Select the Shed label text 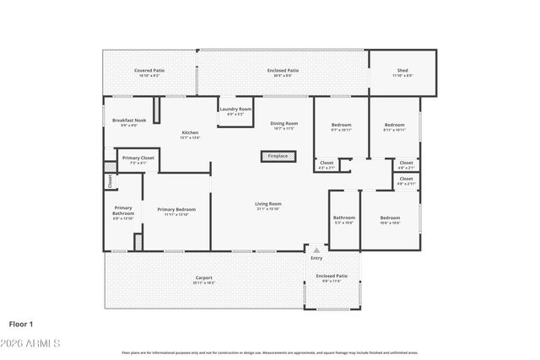402,72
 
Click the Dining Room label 283,125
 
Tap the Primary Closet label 138,159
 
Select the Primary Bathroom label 123,212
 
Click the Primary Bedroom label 176,211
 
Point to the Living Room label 268,205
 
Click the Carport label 203,278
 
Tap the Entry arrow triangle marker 316,250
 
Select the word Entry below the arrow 316,258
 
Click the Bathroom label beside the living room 343,218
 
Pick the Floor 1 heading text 20,324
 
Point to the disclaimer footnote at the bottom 269,352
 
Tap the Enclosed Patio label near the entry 332,277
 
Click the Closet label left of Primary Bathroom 110,180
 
